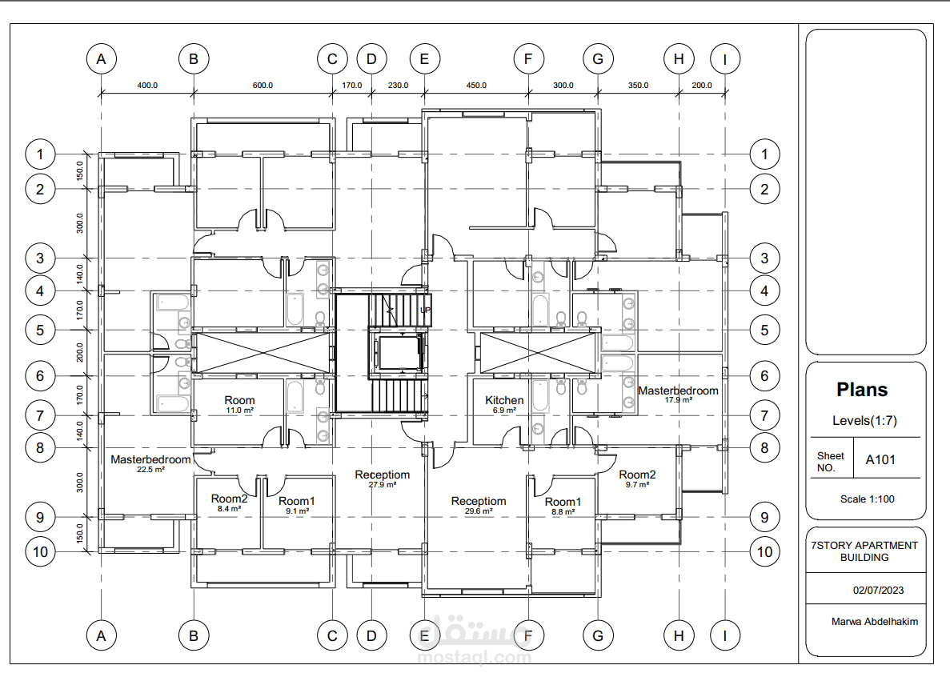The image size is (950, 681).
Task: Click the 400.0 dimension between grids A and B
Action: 147,86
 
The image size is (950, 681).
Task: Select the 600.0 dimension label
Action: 263,86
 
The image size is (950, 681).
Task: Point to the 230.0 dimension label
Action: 398,86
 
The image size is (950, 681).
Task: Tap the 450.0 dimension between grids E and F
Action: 476,86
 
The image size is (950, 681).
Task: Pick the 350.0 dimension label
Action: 638,86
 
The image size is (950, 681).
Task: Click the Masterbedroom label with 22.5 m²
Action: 150,460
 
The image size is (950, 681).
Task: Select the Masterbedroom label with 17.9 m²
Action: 678,391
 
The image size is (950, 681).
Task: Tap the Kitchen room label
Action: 504,400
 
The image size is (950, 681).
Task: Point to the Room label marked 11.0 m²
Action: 239,400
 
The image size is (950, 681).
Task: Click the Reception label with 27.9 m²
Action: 383,475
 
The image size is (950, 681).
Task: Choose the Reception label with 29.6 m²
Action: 479,501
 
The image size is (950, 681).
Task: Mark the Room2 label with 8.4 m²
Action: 229,499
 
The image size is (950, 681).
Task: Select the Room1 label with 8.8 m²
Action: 563,502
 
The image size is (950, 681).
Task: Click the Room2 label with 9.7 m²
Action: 637,475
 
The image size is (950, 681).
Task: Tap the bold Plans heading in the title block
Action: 862,390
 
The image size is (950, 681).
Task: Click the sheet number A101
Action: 880,460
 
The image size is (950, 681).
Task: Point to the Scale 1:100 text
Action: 867,499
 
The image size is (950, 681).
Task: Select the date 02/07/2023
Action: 879,590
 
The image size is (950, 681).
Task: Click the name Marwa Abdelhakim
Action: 874,622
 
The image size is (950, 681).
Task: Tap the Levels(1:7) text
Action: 864,420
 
